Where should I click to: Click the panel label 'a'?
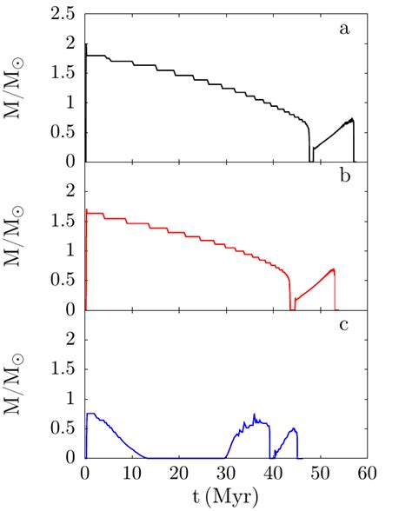(x=345, y=30)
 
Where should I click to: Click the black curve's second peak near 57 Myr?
(x=352, y=119)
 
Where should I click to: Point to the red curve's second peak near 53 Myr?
(x=333, y=269)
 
